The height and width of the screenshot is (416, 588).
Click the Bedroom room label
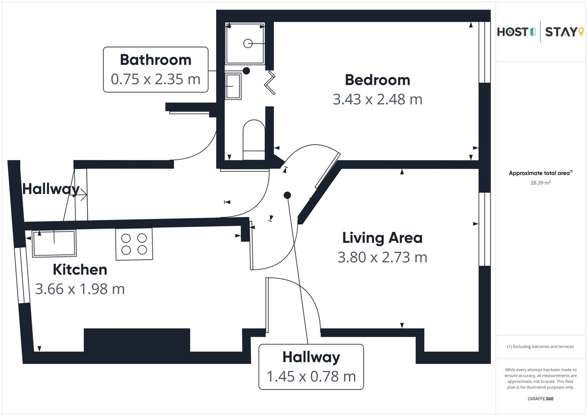pos(377,80)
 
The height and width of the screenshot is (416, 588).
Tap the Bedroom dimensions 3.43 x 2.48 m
pos(377,99)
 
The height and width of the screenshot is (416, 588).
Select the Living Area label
pos(382,238)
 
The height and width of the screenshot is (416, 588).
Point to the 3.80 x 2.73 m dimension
pos(382,257)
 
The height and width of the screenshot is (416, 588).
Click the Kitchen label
pos(80,269)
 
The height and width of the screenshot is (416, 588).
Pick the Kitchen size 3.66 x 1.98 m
pos(80,289)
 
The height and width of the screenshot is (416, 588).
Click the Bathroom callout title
pos(156,60)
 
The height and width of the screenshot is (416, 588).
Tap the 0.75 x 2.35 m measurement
pos(156,79)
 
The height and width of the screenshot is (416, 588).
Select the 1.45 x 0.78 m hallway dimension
pos(311,376)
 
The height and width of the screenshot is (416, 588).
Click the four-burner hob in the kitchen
pos(134,244)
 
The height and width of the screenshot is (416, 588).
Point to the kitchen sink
pos(54,244)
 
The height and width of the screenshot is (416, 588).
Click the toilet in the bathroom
pos(254,140)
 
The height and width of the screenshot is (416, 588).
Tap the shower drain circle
pos(248,43)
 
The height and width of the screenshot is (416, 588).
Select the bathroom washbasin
pos(233,86)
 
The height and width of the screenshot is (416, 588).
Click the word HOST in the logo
pos(513,32)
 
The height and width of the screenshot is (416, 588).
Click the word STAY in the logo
pos(561,32)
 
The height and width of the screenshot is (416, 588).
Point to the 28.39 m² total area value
pos(540,183)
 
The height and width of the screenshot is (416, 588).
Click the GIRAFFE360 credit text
pos(540,399)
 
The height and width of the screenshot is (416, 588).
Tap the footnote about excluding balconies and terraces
pos(540,346)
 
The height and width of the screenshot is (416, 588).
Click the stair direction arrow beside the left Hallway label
pos(84,195)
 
